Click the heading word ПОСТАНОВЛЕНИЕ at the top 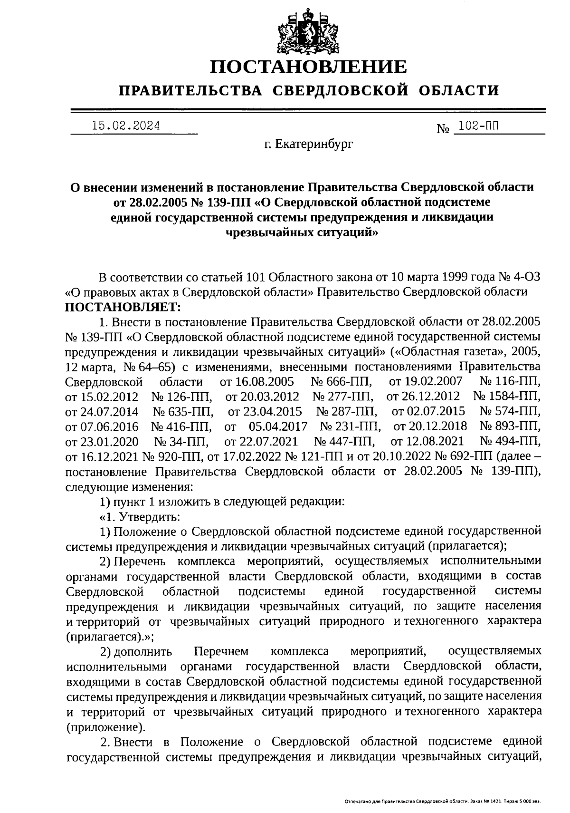[309, 67]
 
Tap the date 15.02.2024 [126, 126]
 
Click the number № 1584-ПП [507, 397]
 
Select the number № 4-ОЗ [518, 277]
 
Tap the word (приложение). [106, 727]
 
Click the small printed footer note [442, 802]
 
